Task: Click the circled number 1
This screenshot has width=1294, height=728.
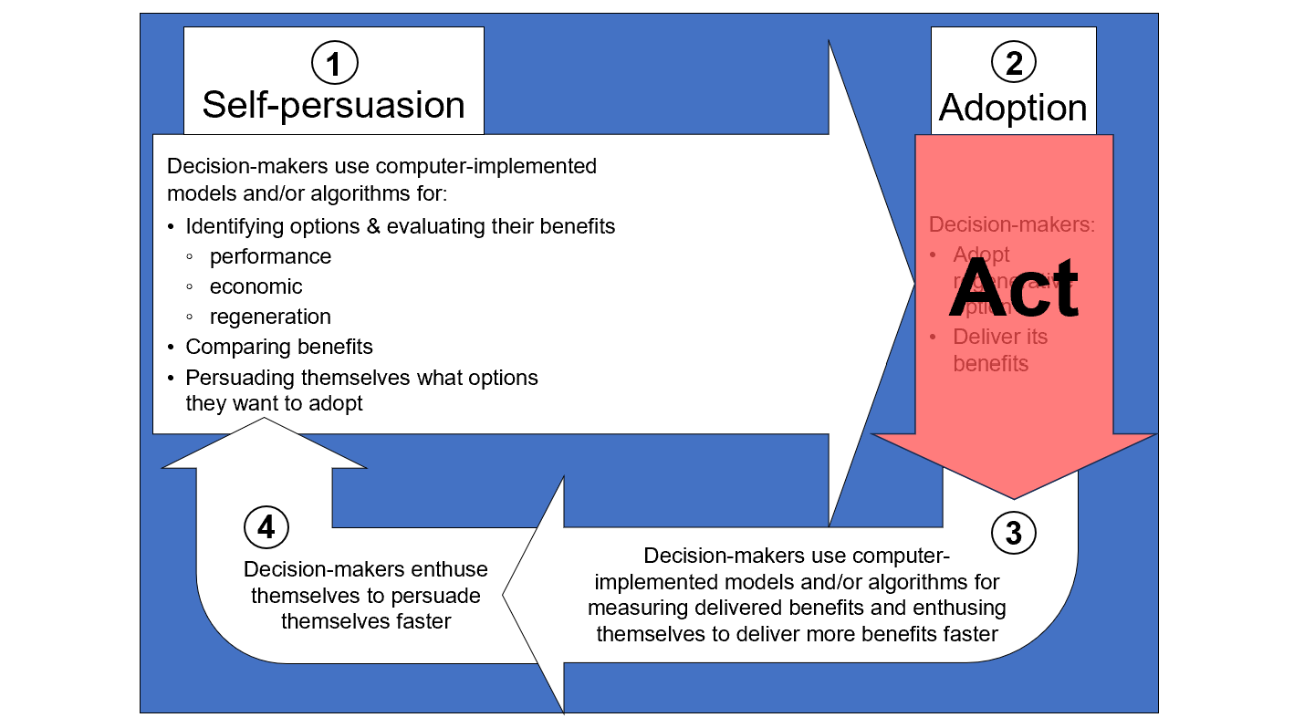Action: (x=334, y=63)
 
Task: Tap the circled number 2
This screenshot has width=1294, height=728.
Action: (x=1013, y=63)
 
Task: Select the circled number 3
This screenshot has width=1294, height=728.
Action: (x=1013, y=533)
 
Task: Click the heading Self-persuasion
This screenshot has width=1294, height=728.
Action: (x=333, y=105)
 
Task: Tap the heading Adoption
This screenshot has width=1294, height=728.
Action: (x=1013, y=108)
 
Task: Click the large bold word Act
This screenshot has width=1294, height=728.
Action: (x=1013, y=286)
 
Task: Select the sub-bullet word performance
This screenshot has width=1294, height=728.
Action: (x=270, y=256)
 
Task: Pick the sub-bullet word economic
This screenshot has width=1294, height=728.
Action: (x=256, y=286)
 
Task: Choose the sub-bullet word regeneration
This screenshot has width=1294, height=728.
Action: (x=270, y=317)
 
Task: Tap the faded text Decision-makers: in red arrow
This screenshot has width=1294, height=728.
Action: (x=1011, y=224)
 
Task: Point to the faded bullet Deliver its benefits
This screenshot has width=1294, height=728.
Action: (x=1000, y=350)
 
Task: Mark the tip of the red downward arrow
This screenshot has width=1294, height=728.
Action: (x=1014, y=497)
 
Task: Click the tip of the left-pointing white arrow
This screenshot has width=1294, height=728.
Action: (x=505, y=594)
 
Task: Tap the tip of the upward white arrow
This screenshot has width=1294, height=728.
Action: (x=265, y=420)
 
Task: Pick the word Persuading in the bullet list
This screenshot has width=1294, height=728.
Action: (x=241, y=378)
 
